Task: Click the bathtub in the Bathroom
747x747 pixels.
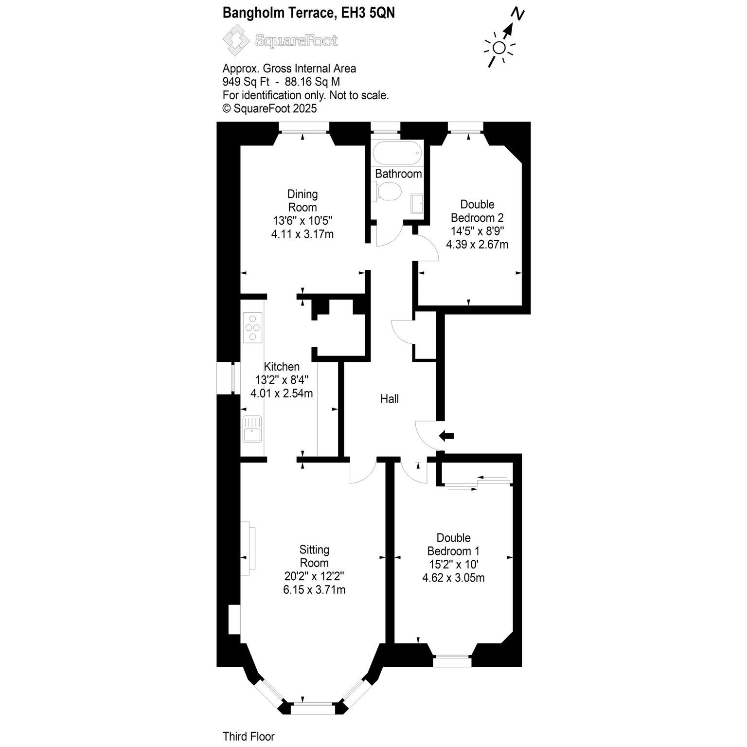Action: pos(397,153)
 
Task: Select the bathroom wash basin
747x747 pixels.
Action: pos(417,204)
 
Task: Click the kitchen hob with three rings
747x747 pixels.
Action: pos(253,328)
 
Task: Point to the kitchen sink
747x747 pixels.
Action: pos(253,429)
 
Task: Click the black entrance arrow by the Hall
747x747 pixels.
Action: pos(446,436)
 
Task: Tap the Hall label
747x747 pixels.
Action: pos(390,399)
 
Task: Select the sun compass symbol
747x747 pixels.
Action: pos(499,48)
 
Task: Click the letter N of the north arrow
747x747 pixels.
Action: pos(519,15)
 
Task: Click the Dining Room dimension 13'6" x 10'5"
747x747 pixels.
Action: pos(302,220)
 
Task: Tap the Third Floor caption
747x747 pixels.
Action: pos(249,737)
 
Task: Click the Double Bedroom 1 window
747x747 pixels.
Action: pos(452,661)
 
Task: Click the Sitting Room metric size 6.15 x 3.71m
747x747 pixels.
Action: pos(314,590)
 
